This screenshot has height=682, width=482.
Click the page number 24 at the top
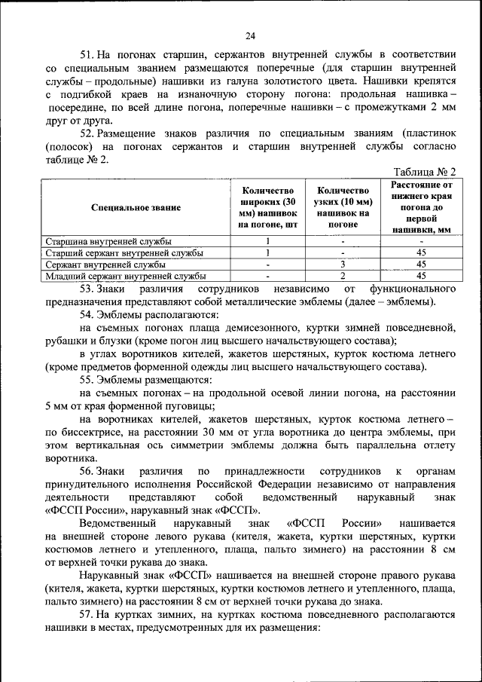pyautogui.click(x=251, y=35)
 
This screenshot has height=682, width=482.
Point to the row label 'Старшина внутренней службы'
pyautogui.click(x=108, y=241)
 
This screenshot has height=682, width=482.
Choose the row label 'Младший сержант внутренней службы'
pyautogui.click(x=125, y=277)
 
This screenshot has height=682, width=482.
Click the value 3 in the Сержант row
pyautogui.click(x=343, y=265)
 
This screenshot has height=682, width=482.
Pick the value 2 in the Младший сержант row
pyautogui.click(x=343, y=277)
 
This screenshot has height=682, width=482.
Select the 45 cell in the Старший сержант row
pyautogui.click(x=422, y=253)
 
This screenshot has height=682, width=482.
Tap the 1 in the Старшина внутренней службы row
pyautogui.click(x=268, y=241)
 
